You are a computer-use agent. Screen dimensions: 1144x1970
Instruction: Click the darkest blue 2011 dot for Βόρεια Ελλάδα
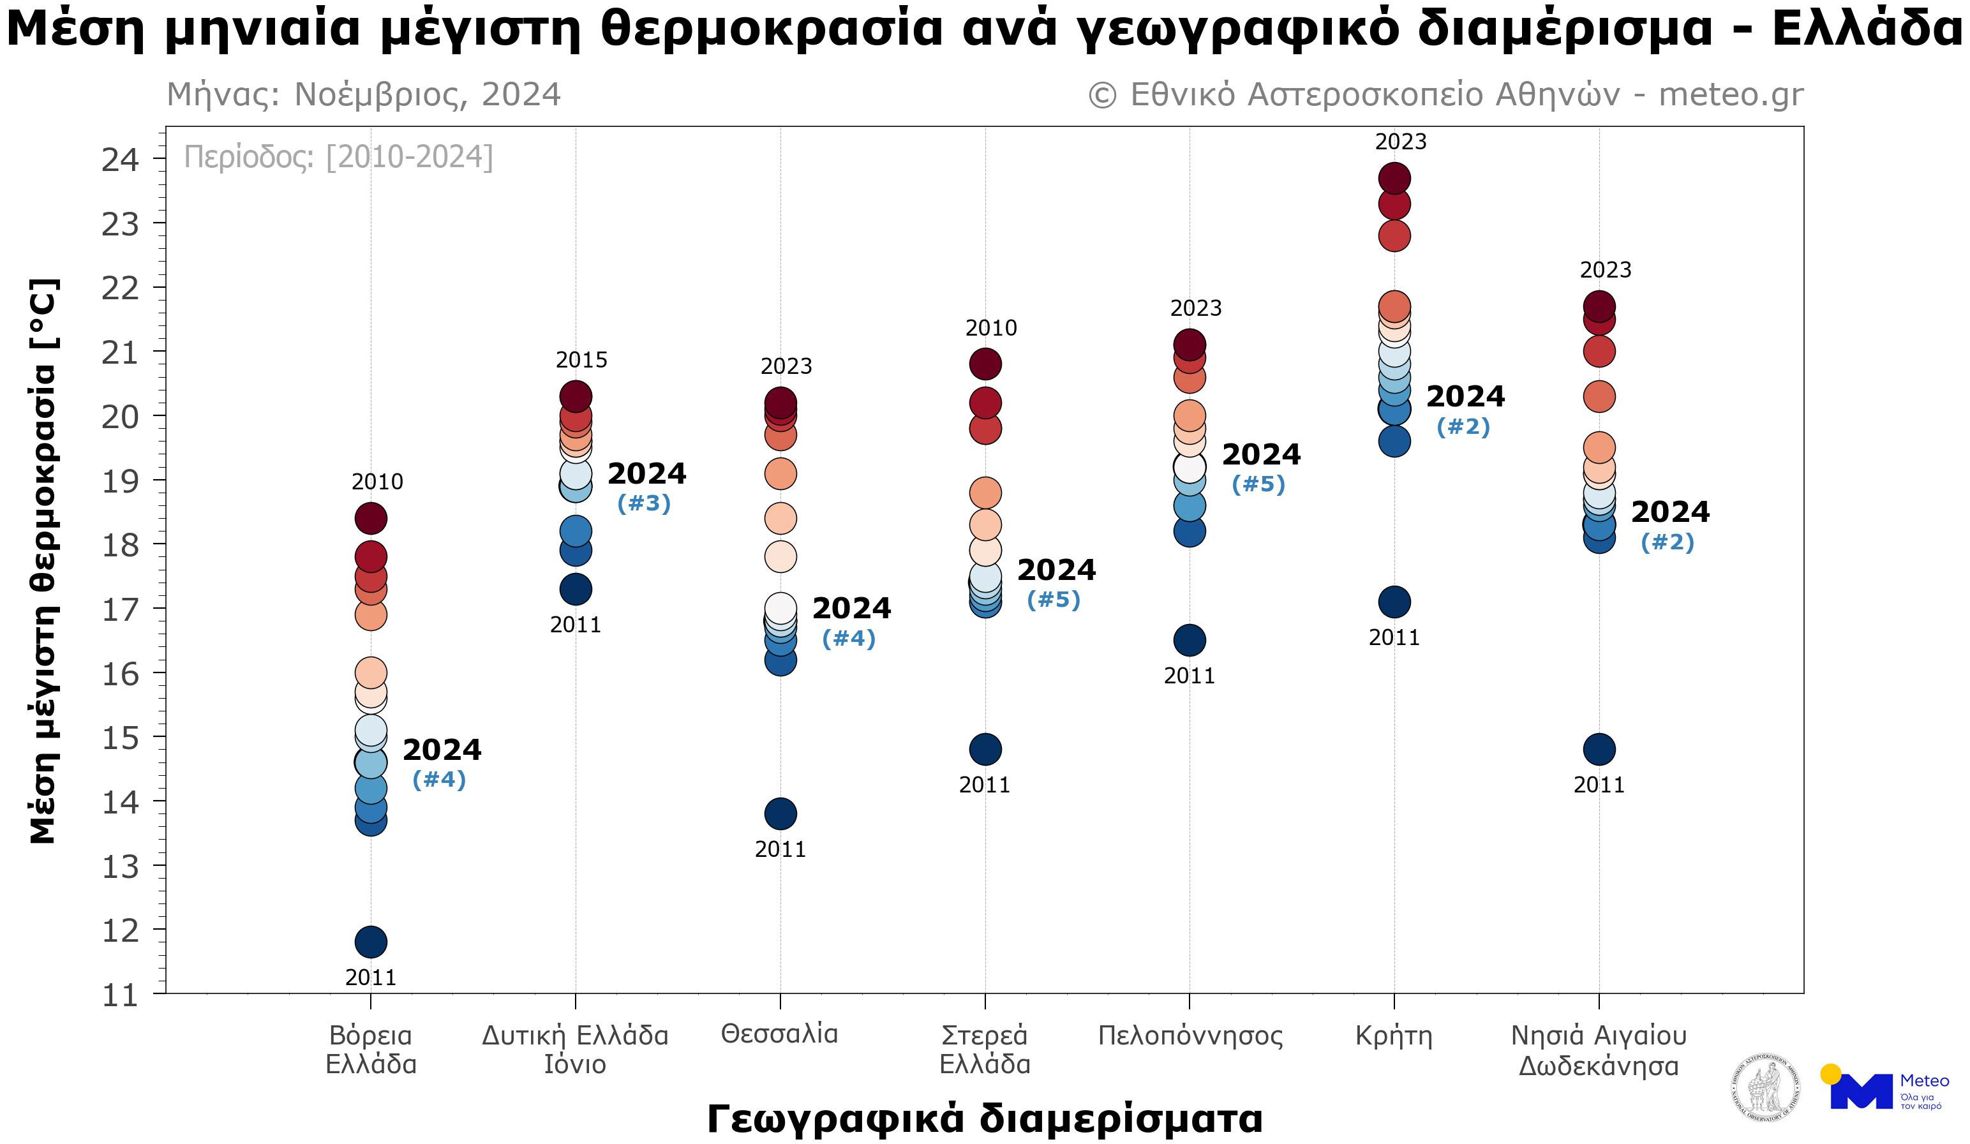tap(371, 942)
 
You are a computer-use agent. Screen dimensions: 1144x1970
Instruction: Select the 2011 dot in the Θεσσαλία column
tap(780, 813)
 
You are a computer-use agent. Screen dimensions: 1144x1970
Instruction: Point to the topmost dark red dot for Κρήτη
tap(1394, 178)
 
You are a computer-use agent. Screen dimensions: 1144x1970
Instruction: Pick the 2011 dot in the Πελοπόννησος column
tap(1189, 640)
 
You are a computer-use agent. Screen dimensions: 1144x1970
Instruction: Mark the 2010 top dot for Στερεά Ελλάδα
tap(985, 363)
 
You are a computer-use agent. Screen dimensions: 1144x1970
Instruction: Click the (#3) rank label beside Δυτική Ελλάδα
tap(643, 503)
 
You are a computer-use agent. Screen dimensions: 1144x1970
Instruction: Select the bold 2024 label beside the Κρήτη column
tap(1465, 397)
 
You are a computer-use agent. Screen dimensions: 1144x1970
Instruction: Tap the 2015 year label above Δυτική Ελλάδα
tap(581, 360)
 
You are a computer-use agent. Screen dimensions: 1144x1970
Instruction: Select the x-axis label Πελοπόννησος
tap(1190, 1036)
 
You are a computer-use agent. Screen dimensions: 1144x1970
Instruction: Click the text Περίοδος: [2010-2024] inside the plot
tap(338, 157)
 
